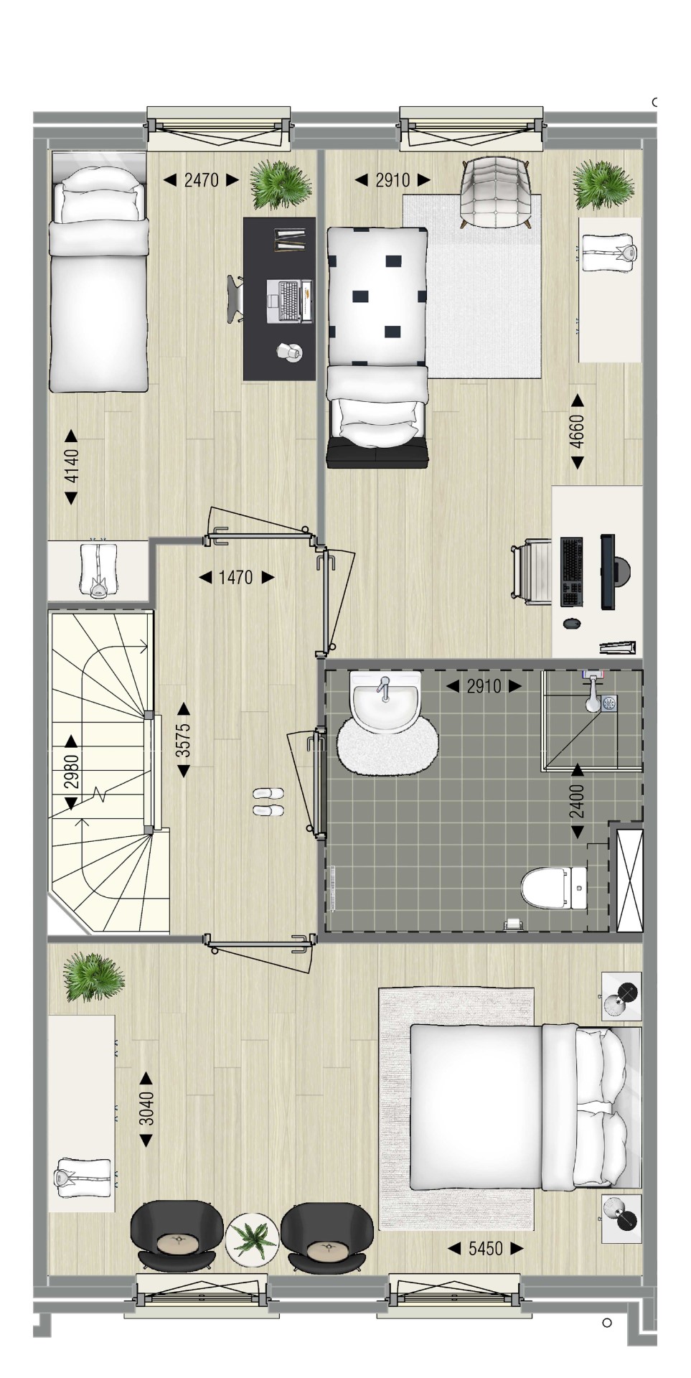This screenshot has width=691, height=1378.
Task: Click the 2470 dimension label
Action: (x=202, y=179)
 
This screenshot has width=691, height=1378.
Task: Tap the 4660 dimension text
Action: (x=577, y=431)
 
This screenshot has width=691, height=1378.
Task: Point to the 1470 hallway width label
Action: (x=236, y=577)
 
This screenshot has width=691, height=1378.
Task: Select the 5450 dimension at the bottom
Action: (x=486, y=1249)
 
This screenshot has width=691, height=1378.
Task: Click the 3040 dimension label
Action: (x=146, y=1109)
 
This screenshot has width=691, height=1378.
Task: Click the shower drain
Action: (x=610, y=703)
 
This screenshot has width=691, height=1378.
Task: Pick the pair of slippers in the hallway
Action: (x=268, y=802)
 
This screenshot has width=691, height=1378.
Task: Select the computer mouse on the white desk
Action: (x=572, y=623)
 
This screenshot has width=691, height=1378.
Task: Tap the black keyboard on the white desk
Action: (x=571, y=572)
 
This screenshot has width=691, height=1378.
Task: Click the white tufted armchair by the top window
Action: (x=495, y=192)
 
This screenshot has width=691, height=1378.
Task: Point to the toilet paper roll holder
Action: (x=513, y=924)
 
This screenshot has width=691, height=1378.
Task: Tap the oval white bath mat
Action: (x=387, y=746)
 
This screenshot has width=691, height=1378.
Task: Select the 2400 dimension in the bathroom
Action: (x=577, y=802)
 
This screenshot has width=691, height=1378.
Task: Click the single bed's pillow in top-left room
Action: (x=98, y=204)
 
